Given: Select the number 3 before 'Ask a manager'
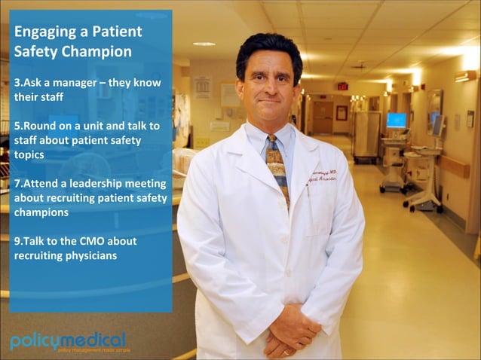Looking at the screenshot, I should (17, 81).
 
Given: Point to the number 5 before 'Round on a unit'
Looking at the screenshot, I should (17, 125).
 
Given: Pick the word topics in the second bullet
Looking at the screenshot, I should (29, 154).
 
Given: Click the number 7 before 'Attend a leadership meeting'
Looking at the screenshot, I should (17, 183).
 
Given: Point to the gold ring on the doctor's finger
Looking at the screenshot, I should (286, 351).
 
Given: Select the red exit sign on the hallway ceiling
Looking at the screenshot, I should (343, 85).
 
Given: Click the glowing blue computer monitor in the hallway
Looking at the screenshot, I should (396, 120).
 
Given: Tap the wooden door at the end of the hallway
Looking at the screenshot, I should (323, 117).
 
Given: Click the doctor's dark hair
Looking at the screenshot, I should (268, 51).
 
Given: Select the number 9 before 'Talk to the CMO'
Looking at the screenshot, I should (17, 241).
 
